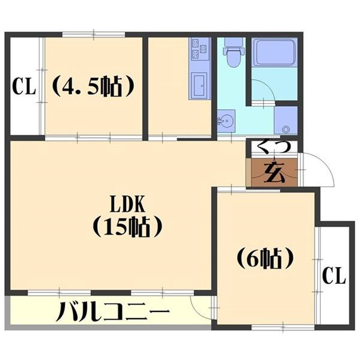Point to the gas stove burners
199,49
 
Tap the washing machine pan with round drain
285,121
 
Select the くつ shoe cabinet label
274,146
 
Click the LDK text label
127,205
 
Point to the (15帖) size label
127,228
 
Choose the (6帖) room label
265,259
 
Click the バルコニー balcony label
113,312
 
